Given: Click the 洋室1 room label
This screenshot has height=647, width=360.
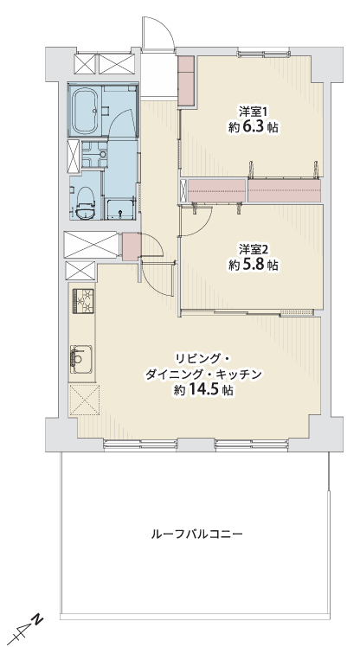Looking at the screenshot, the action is [x=254, y=112].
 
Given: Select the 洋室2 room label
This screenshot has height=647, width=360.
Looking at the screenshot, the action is [x=254, y=249].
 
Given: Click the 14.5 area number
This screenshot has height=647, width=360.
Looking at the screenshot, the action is [x=203, y=390].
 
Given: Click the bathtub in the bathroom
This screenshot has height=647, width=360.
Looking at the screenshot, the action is [x=86, y=111].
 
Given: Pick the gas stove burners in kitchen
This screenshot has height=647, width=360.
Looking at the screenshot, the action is [x=83, y=301].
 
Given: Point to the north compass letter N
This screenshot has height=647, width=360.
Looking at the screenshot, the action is [x=38, y=619].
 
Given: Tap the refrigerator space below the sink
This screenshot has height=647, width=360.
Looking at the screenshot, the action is [x=84, y=400].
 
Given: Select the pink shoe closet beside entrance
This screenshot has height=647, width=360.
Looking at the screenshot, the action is [x=186, y=80].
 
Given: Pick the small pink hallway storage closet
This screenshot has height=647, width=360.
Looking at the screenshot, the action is [x=132, y=247].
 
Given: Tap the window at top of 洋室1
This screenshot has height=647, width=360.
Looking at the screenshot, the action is [x=263, y=53].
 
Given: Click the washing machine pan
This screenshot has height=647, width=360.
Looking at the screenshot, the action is [x=119, y=209].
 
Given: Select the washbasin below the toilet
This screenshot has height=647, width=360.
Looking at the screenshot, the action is [x=87, y=214].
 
